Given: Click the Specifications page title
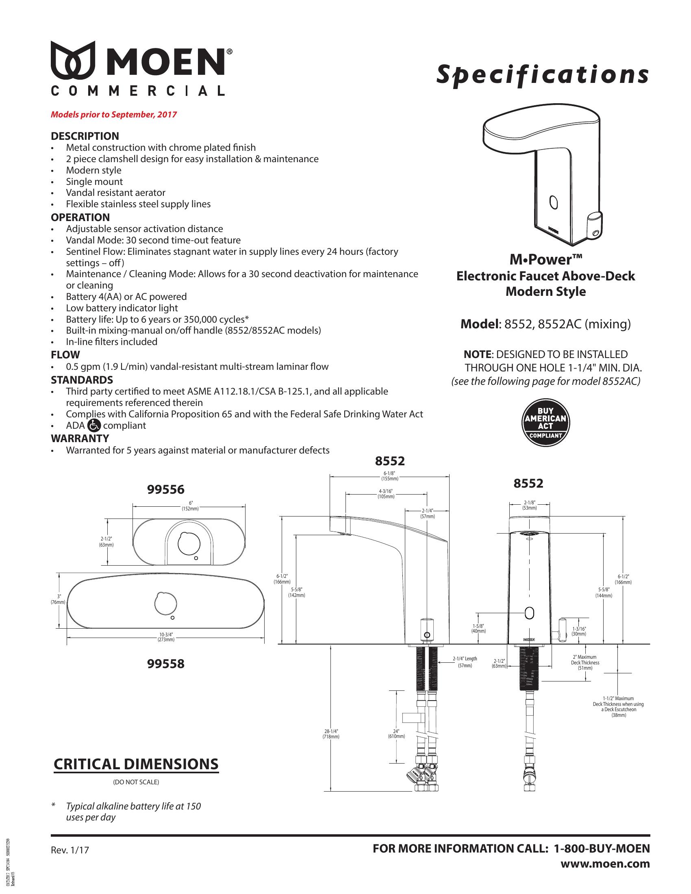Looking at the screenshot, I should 542,75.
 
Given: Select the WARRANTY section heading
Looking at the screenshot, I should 80,438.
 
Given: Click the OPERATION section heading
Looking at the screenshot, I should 80,217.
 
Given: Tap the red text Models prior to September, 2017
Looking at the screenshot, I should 114,115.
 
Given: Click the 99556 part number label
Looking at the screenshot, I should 166,489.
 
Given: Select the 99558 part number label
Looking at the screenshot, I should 166,664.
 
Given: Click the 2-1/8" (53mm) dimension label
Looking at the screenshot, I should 529,505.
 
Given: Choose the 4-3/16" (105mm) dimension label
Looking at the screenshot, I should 386,494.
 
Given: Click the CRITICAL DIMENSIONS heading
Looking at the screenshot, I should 136,764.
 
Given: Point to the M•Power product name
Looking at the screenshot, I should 545,260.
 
